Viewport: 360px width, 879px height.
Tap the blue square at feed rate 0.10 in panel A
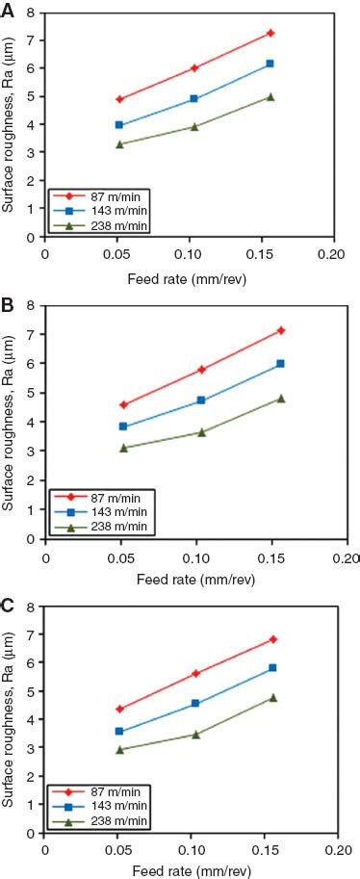pyautogui.click(x=194, y=99)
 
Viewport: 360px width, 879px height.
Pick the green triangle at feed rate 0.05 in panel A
pyautogui.click(x=119, y=144)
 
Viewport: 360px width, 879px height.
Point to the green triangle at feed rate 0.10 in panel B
pyautogui.click(x=201, y=432)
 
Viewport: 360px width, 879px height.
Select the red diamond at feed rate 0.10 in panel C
pyautogui.click(x=196, y=674)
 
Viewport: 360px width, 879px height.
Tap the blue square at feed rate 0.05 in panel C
pyautogui.click(x=119, y=732)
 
